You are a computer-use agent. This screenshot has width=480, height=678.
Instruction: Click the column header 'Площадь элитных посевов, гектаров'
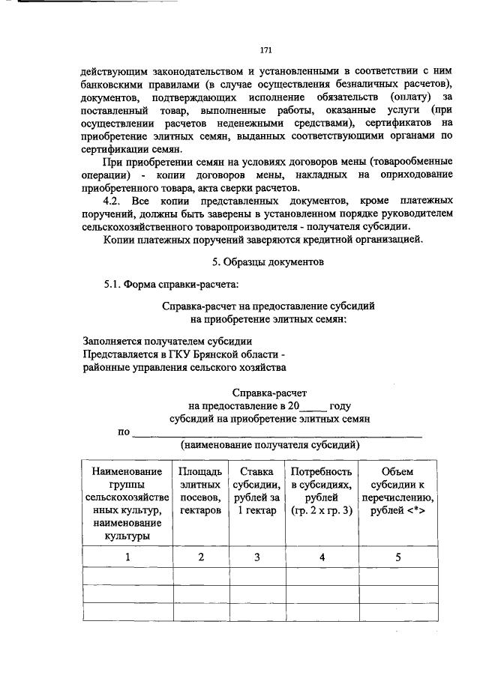coord(200,491)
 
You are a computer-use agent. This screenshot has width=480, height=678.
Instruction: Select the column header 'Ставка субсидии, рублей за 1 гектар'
coord(256,491)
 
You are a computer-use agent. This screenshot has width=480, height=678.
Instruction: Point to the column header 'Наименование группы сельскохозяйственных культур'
coord(127,503)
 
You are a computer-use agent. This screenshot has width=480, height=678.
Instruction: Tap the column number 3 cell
coord(256,557)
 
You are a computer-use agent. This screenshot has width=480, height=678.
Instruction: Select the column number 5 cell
coord(397,557)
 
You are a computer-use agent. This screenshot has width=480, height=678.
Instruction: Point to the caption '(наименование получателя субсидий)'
coord(269,445)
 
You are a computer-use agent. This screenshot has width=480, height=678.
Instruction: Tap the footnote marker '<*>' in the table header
coord(415,510)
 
